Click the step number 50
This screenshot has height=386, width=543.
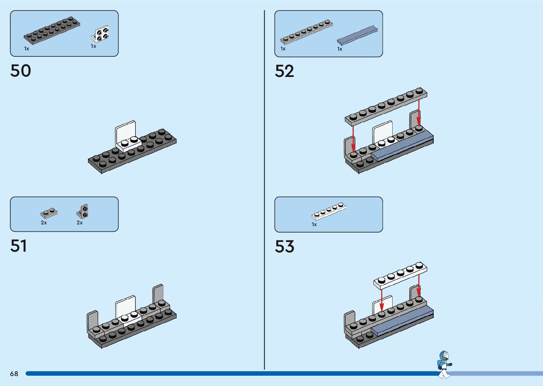(21, 71)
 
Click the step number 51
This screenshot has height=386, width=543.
(18, 246)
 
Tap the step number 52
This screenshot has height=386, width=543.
(284, 71)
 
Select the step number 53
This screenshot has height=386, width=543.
(284, 246)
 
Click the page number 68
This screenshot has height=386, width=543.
(14, 374)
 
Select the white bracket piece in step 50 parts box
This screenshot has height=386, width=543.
(100, 34)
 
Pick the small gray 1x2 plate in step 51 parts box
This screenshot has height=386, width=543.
(49, 213)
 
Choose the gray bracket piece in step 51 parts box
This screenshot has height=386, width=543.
(83, 212)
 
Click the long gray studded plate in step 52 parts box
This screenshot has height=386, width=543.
(306, 32)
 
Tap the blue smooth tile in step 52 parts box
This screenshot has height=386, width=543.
(357, 35)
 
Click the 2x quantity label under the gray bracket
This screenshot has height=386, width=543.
(79, 223)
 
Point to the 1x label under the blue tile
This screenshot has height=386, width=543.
(339, 49)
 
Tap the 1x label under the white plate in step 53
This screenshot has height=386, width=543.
(314, 224)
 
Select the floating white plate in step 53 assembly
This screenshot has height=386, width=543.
(400, 275)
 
